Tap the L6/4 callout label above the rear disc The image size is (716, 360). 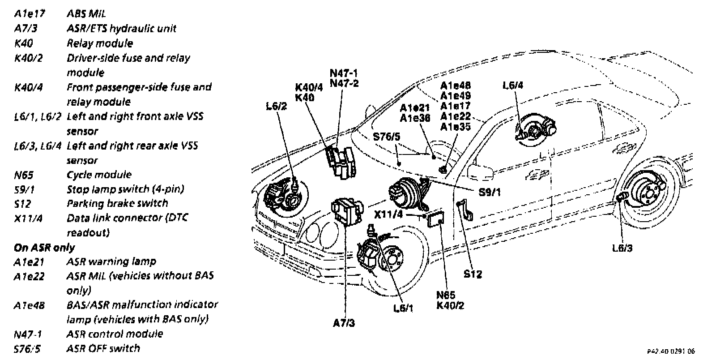(x=513, y=86)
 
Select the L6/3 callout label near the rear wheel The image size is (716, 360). (x=622, y=248)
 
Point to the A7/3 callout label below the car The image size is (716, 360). (x=344, y=322)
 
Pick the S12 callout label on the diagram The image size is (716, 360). (x=473, y=274)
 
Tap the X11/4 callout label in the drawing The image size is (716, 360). (x=389, y=214)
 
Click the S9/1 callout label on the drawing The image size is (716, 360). (x=490, y=193)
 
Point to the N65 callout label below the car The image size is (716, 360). (x=446, y=295)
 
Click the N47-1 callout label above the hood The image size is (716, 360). (x=344, y=73)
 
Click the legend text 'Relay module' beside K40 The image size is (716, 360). (x=100, y=43)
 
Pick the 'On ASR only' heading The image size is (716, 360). (x=44, y=248)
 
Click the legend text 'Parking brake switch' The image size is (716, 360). (x=117, y=204)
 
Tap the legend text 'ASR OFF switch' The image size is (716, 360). (x=103, y=348)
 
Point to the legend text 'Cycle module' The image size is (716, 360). (x=99, y=175)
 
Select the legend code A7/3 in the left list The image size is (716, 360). (x=26, y=29)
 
